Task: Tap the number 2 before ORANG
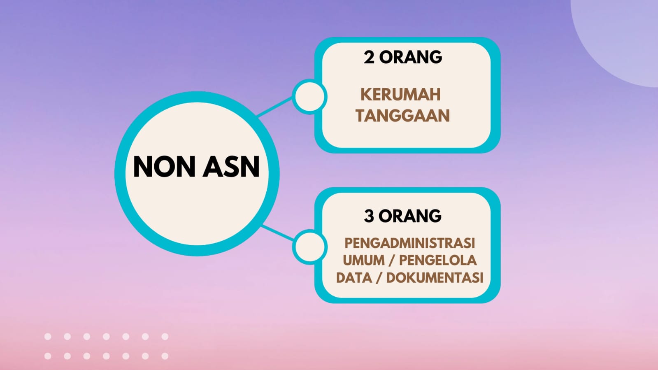click(369, 57)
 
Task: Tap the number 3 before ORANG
click(369, 216)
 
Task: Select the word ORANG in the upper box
click(411, 57)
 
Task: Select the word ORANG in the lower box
click(410, 216)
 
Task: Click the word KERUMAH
click(401, 95)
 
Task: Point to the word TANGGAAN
click(403, 116)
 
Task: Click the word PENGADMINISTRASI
click(409, 243)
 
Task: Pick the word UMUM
click(364, 260)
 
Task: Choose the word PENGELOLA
click(438, 260)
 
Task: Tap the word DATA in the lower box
click(354, 277)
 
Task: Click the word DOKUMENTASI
click(435, 277)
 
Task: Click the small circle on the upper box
click(309, 96)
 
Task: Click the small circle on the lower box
click(309, 247)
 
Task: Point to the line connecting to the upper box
click(274, 107)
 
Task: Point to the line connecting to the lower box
click(278, 233)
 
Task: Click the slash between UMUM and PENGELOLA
click(392, 261)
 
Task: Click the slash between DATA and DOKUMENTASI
click(379, 278)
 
